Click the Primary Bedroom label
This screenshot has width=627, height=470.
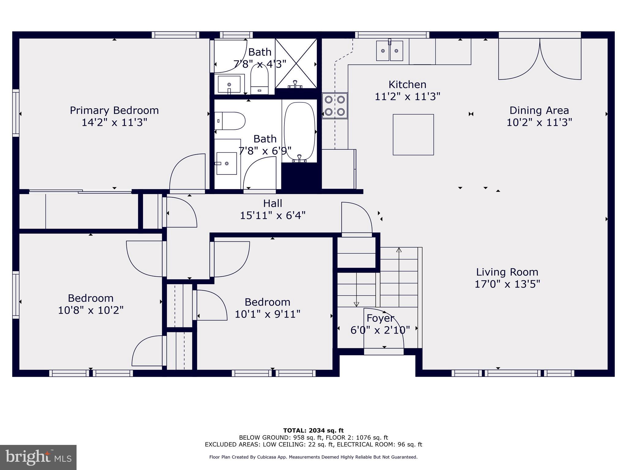coord(114,110)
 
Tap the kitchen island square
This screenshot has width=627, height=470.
coord(413,135)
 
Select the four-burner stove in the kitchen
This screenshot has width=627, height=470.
coord(335,106)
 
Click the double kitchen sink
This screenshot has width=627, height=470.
coord(389,51)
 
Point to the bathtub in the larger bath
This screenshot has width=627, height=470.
coord(299,131)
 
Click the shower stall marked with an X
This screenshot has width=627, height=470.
coord(296,63)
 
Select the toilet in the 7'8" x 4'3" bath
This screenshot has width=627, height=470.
coord(259,80)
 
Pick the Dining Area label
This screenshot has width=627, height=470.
coord(539,110)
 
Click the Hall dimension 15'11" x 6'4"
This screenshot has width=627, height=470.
coord(272,215)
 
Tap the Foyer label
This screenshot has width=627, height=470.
coord(380,318)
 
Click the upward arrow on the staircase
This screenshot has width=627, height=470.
coord(399,250)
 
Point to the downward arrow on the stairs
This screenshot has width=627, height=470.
coord(356,304)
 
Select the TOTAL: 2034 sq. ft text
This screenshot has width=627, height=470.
coord(313,431)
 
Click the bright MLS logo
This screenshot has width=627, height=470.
coord(38,457)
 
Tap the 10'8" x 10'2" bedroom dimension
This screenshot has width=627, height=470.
coord(91,310)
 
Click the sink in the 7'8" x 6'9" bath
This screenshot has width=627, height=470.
coord(227,163)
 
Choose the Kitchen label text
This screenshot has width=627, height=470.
coord(407,84)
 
